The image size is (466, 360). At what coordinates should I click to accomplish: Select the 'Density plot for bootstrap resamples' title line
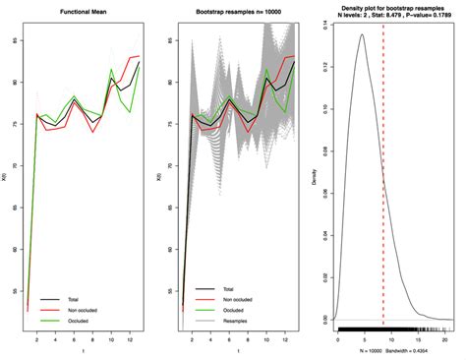click(x=391, y=8)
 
